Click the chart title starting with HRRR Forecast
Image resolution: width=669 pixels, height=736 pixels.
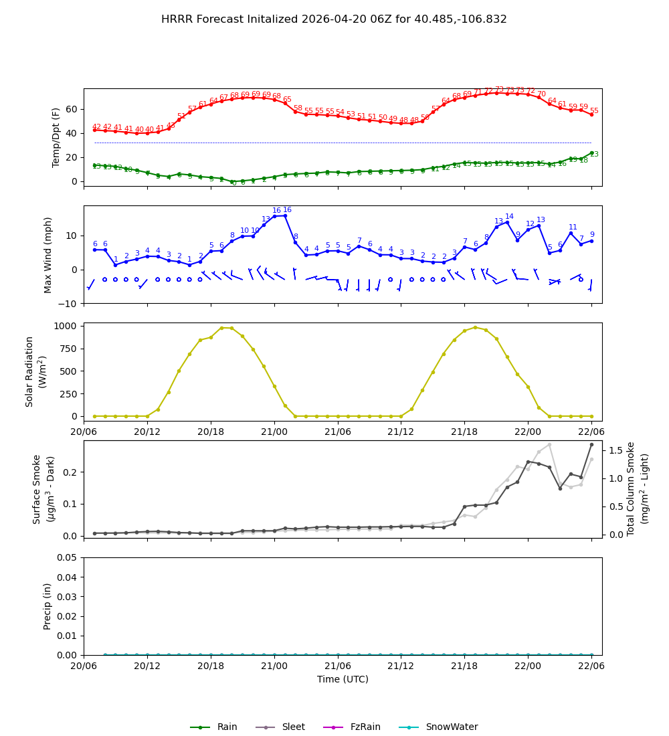(x=334, y=19)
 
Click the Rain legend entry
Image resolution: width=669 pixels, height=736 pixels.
(x=213, y=727)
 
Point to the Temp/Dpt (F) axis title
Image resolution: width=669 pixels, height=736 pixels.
(x=57, y=137)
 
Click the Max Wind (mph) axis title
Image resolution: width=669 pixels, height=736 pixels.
(x=48, y=254)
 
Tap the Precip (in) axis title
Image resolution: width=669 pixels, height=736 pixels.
(x=47, y=606)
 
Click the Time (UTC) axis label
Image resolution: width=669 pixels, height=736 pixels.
(x=343, y=679)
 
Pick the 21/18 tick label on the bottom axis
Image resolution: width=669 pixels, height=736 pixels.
(x=464, y=666)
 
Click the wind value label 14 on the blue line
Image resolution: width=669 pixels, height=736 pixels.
(x=509, y=217)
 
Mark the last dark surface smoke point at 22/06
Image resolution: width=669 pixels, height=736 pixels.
(x=591, y=444)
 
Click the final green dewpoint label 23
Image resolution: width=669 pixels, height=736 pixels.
(x=594, y=155)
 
